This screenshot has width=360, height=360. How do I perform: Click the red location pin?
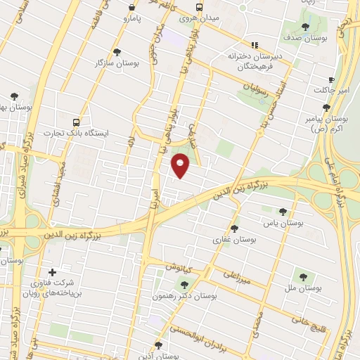coord(181,166)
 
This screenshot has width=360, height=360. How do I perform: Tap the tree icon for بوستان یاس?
coord(283,211)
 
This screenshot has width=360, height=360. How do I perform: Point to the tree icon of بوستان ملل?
coord(303,277)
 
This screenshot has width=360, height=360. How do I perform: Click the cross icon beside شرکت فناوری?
coord(51,272)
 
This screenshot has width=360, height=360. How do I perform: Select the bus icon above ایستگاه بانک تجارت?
coord(76,121)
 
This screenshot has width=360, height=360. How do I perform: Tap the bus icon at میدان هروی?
coord(200,6)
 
